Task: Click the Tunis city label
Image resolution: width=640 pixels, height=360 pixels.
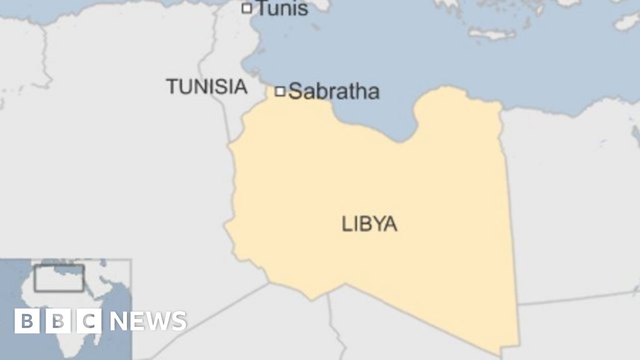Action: point(282,9)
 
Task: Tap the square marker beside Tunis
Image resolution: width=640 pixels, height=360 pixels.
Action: point(247,8)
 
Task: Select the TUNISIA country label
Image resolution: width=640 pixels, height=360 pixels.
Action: point(206,87)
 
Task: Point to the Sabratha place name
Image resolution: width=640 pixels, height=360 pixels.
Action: point(334,92)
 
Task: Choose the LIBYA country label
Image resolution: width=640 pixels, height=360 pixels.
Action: point(369,224)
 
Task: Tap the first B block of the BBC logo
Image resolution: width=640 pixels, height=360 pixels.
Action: point(27,321)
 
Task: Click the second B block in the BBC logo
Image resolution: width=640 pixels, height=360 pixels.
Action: point(58,321)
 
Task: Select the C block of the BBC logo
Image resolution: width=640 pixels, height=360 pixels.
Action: point(89,321)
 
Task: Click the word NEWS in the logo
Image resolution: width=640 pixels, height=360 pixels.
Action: point(148,321)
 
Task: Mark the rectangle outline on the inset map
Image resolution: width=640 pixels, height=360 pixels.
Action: point(59,277)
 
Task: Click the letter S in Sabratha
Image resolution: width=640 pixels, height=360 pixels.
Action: point(296,92)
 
